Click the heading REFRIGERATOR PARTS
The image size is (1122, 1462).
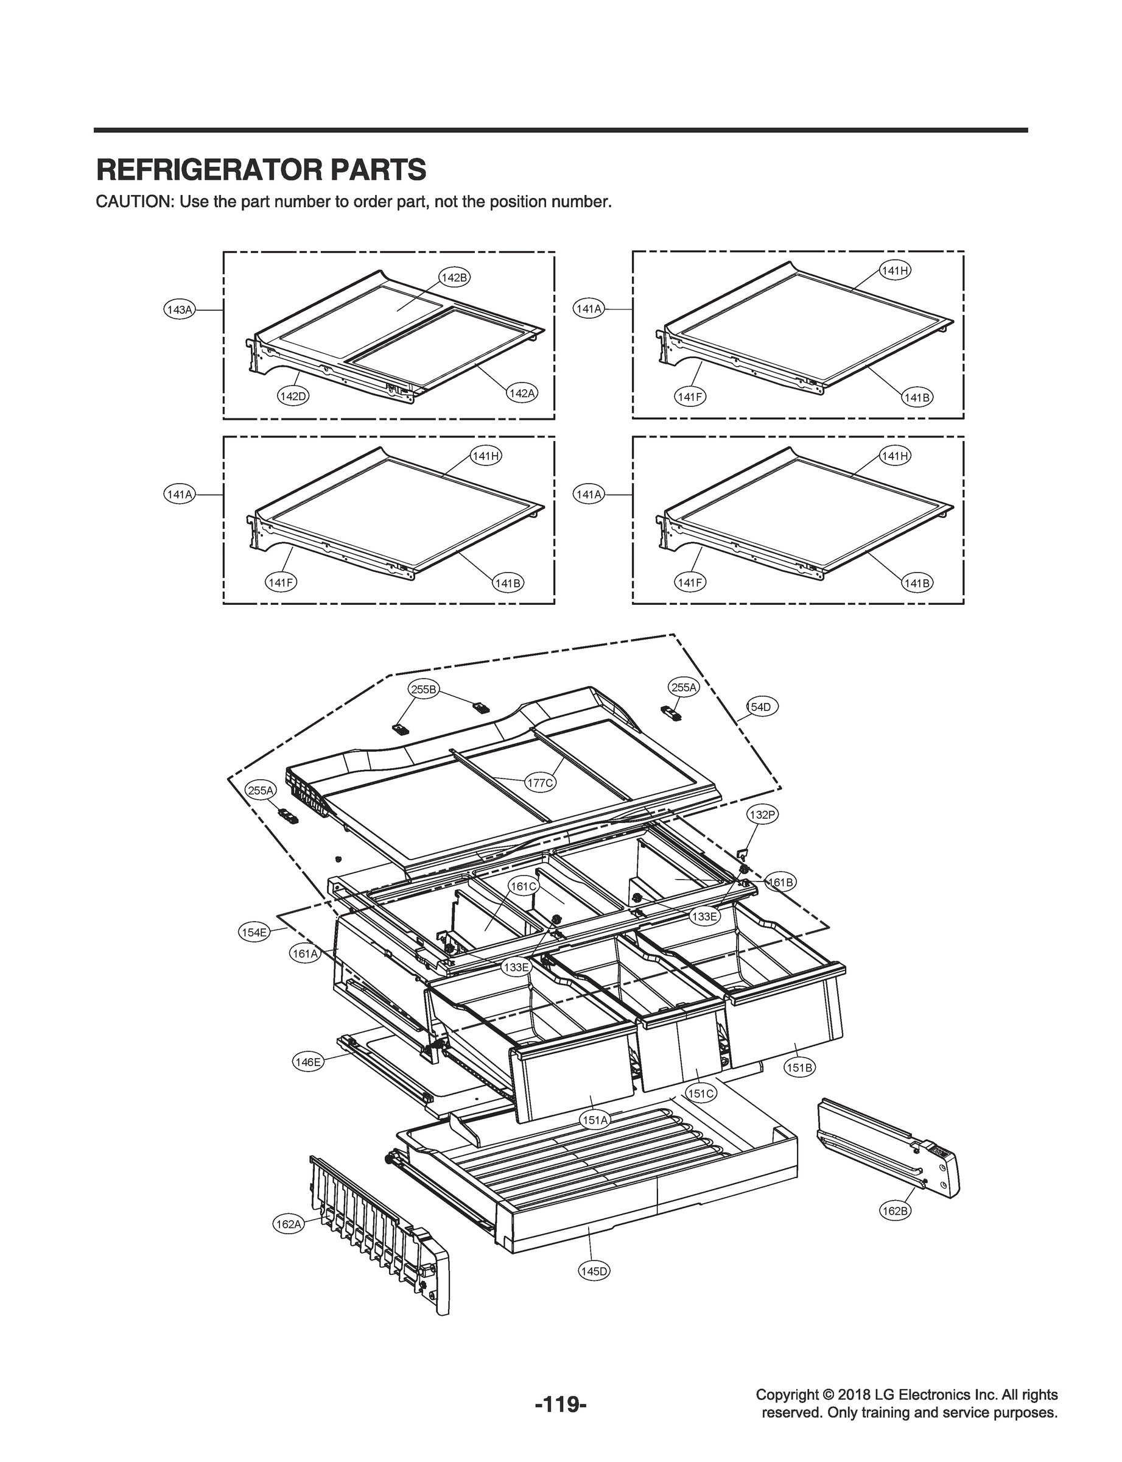tap(261, 171)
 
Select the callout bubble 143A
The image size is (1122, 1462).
tap(179, 309)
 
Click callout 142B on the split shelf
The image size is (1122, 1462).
tap(454, 277)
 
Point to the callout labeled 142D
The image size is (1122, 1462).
tap(292, 396)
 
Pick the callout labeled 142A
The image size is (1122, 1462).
tap(522, 394)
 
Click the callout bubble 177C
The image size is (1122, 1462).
tap(539, 783)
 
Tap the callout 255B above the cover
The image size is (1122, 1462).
tap(424, 690)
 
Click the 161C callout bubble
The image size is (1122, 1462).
tap(523, 887)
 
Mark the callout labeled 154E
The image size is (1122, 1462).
tap(254, 932)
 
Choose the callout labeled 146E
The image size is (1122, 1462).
tap(308, 1062)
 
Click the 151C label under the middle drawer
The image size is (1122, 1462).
tap(701, 1094)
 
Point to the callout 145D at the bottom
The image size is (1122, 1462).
tap(593, 1271)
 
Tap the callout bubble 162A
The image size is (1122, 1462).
tap(289, 1224)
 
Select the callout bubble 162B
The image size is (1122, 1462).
tap(895, 1211)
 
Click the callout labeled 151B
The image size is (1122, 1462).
tap(799, 1068)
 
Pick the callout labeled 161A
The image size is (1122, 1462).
tap(304, 954)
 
